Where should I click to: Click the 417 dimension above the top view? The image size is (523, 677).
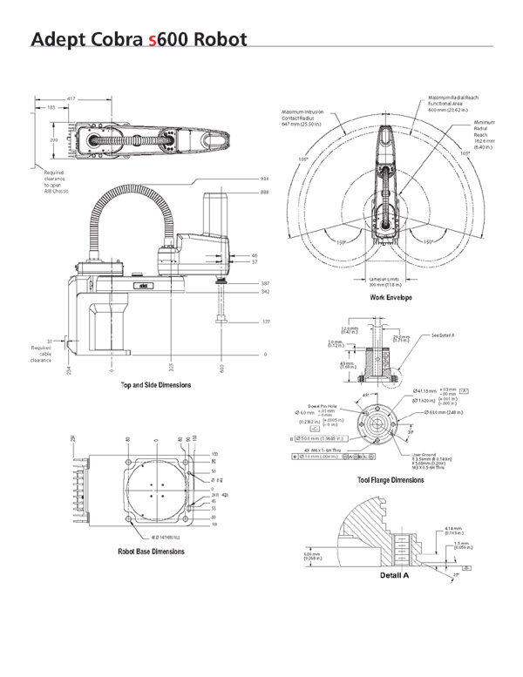71,98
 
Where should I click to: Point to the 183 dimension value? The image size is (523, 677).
51,107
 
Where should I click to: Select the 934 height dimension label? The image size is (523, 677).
264,178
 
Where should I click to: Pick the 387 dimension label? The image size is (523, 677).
264,284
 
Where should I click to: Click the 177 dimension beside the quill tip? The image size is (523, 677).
264,322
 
